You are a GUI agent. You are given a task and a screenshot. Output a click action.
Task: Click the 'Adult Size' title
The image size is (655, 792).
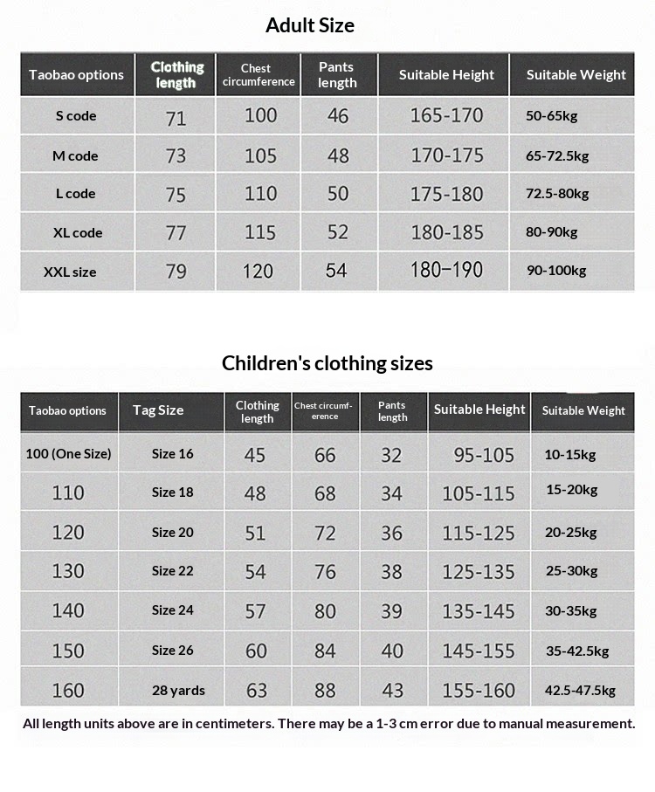(310, 25)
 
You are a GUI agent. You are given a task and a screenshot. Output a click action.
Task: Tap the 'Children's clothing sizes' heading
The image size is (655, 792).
(327, 363)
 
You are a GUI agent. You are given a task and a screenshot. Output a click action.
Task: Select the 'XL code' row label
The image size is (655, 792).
(76, 233)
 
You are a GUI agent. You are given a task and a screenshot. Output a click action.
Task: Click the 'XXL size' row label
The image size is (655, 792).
(70, 272)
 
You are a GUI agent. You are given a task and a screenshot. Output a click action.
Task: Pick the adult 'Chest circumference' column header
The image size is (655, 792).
(259, 75)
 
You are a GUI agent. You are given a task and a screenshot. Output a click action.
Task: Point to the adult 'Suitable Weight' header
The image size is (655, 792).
(576, 75)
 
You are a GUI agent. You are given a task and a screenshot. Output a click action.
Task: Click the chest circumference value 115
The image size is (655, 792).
(260, 233)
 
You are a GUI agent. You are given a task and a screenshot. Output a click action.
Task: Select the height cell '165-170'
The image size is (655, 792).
(446, 115)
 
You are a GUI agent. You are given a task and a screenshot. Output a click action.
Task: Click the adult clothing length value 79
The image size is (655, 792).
(176, 272)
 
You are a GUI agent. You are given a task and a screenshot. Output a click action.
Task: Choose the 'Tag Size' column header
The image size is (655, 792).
(158, 410)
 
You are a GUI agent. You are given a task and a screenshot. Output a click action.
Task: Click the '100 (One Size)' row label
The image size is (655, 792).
(68, 454)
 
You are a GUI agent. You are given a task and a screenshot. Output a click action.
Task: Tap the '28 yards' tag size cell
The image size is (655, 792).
(178, 691)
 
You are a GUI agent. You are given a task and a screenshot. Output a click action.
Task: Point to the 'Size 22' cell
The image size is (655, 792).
(172, 571)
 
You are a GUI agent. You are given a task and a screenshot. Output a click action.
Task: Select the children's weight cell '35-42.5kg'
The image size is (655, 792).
(577, 651)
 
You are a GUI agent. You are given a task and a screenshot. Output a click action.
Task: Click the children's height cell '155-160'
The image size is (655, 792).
(479, 691)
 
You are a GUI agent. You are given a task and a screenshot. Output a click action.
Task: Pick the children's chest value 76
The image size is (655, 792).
(325, 572)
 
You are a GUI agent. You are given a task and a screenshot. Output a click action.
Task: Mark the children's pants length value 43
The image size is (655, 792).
(392, 691)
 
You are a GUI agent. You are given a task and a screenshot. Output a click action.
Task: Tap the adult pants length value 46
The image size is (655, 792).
(338, 115)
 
